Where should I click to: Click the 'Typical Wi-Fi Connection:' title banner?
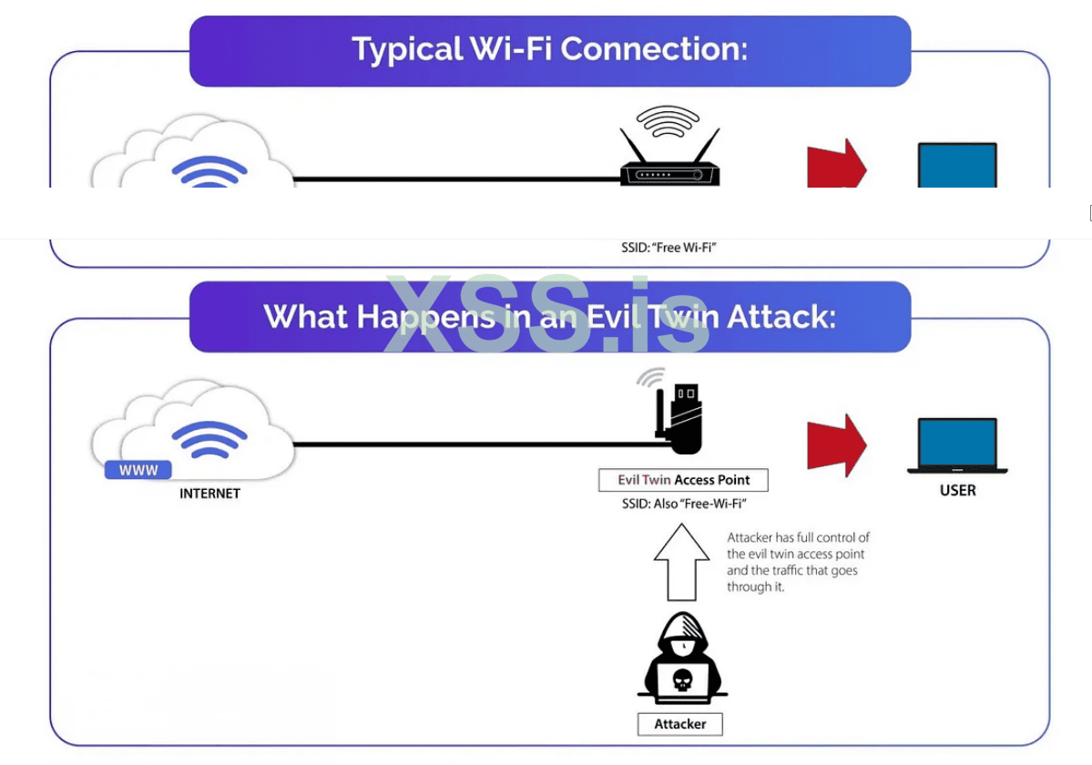point(549,50)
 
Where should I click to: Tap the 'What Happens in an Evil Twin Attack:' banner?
point(549,317)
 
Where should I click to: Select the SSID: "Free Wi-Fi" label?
point(668,247)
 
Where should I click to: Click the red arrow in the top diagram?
point(836,165)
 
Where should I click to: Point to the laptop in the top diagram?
point(956,166)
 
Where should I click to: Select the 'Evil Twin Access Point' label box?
point(683,480)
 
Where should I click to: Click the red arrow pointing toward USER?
point(836,444)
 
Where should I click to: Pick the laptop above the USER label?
point(957,445)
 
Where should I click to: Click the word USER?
point(957,491)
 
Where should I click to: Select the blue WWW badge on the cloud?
point(138,470)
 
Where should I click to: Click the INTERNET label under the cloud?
point(209,494)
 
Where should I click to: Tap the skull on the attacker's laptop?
point(680,679)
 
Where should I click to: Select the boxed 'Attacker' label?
point(679,724)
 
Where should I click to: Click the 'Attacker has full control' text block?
point(798,562)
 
